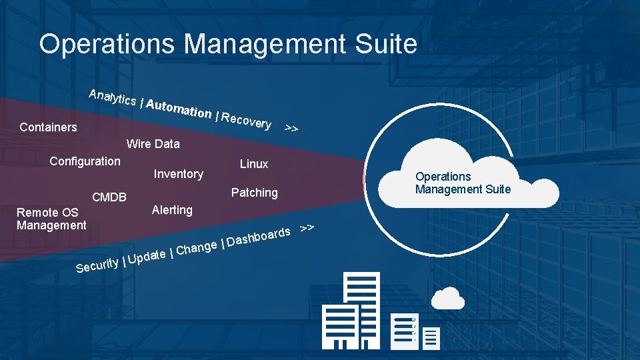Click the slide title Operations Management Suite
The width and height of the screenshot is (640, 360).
click(x=228, y=44)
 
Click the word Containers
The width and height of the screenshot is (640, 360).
click(x=48, y=127)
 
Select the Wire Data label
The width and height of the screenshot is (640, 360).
click(x=153, y=143)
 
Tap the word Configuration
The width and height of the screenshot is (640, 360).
click(x=85, y=161)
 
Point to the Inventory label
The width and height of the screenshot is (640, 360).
click(x=178, y=174)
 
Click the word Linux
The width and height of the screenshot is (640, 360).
click(x=254, y=163)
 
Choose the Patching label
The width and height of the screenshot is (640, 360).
click(x=254, y=193)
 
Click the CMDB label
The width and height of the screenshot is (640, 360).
click(x=109, y=197)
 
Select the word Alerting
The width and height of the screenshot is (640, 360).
click(x=172, y=210)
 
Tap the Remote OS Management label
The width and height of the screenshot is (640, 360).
click(x=51, y=219)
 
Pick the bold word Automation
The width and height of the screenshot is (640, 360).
click(x=179, y=109)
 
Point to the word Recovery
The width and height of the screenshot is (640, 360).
click(x=246, y=121)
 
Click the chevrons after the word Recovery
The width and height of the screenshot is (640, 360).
click(x=291, y=127)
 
